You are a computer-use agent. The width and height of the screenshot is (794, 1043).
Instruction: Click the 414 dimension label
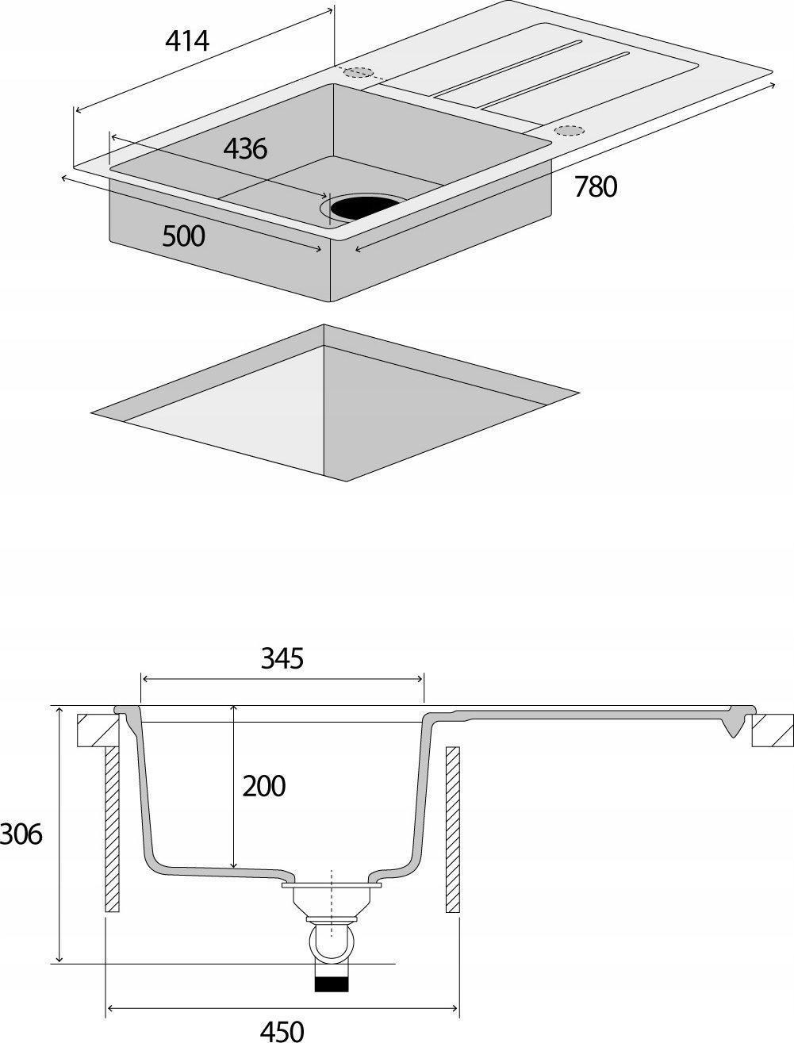[x=187, y=40]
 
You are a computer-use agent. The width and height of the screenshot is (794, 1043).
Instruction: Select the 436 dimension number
[x=245, y=148]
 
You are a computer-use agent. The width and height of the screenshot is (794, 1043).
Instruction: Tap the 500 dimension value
[x=183, y=236]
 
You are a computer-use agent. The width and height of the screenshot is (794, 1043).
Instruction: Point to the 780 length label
[x=595, y=187]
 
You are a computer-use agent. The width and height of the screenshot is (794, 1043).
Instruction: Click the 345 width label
[x=282, y=658]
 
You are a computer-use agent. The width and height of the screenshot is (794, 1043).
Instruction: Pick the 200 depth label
[x=264, y=786]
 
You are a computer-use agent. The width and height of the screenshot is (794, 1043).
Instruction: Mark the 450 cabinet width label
[x=282, y=1030]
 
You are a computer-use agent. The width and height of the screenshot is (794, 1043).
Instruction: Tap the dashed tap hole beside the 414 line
[x=358, y=72]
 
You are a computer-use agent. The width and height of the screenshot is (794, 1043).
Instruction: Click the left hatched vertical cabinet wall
[x=112, y=829]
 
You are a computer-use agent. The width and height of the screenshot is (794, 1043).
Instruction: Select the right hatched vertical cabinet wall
[x=453, y=829]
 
